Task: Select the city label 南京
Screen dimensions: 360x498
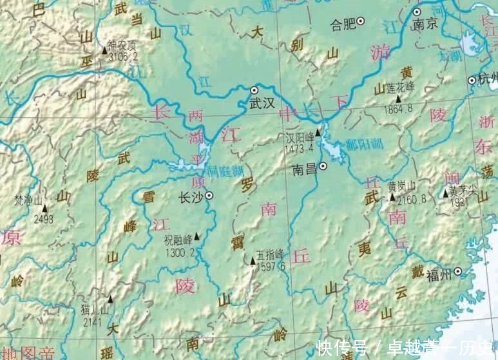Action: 425,24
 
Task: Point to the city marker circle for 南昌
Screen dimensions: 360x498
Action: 323,166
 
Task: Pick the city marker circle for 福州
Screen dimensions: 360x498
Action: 457,271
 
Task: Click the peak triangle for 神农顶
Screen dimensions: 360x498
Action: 104,50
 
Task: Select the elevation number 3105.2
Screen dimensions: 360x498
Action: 123,56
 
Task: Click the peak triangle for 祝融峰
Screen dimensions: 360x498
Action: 197,236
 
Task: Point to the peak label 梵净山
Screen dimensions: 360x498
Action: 28,200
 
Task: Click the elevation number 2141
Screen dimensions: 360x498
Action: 92,322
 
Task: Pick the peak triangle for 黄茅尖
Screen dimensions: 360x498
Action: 445,193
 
